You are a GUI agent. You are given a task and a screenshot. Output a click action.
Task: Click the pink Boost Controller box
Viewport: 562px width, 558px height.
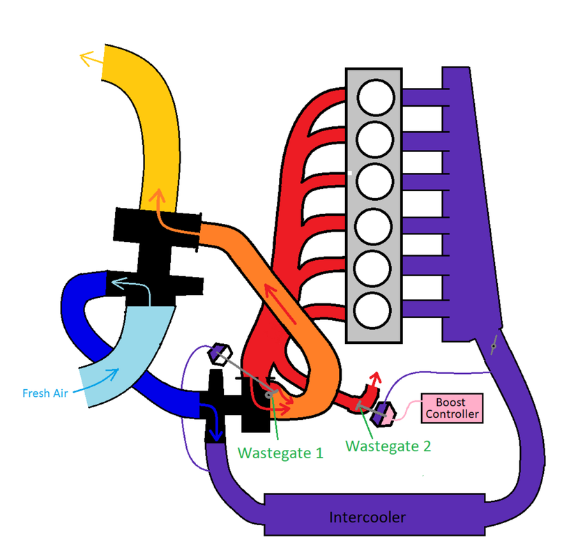[452, 408]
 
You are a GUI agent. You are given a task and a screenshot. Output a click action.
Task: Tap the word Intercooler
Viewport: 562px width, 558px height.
[367, 518]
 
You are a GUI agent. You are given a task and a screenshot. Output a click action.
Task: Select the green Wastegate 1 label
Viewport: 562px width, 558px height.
[280, 452]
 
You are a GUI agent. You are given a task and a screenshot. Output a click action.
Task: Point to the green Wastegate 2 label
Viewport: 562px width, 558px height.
[388, 446]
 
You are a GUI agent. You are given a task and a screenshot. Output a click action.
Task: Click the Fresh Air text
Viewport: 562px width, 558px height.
[45, 393]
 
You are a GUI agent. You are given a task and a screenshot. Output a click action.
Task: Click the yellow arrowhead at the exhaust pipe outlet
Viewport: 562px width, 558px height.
[87, 59]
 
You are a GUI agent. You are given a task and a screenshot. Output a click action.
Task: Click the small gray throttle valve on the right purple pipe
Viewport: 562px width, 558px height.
[494, 344]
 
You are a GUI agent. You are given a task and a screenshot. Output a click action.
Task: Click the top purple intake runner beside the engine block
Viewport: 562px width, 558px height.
[423, 98]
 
